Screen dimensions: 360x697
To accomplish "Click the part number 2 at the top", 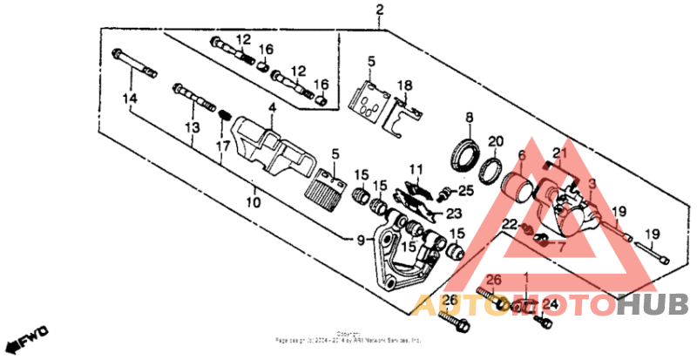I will click(379, 10).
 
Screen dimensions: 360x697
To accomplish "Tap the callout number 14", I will click(130, 98).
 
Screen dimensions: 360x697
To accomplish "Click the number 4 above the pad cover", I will click(271, 108).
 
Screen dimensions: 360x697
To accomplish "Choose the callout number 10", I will click(253, 202).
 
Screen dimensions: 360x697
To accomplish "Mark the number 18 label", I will click(404, 85).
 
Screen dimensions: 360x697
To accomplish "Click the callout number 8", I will click(469, 118).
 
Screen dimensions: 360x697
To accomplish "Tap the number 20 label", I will click(495, 141).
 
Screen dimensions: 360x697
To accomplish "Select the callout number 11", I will click(416, 168).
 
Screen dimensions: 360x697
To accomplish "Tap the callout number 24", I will click(549, 304).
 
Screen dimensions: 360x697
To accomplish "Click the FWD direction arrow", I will click(26, 336).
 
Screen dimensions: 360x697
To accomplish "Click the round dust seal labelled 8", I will click(464, 154).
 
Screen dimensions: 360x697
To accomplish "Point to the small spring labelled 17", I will click(223, 114).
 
